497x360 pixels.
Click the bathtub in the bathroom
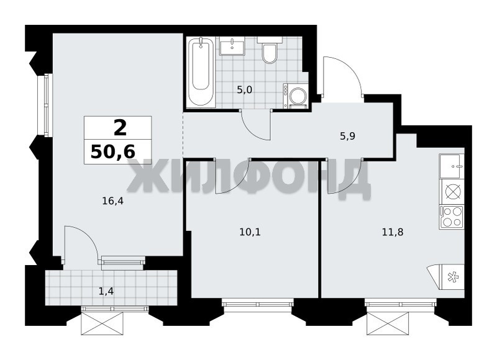coord(201,72)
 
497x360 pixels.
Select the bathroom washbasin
coord(232,46)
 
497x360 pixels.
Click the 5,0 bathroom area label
coord(244,90)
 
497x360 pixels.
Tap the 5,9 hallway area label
coord(347,137)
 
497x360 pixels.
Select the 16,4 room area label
coord(112,200)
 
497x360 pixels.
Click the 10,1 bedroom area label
coord(250,233)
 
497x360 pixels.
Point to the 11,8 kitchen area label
coord(393,233)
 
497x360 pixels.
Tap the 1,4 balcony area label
coord(106,291)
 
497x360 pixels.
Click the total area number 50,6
coord(113,152)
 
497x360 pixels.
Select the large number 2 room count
coord(120,128)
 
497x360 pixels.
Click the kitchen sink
coord(452,166)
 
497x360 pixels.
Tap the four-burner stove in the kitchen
coord(452,217)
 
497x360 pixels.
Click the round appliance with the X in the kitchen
coord(452,192)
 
